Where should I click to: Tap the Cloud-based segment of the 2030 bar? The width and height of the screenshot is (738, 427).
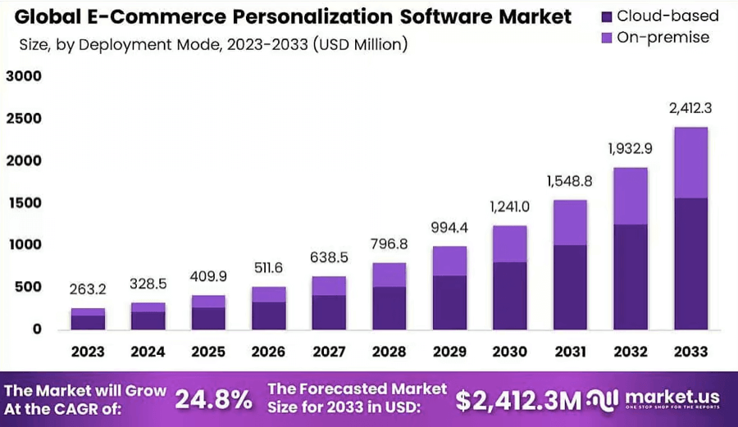click(510, 295)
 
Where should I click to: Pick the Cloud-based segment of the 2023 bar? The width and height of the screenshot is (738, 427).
click(88, 322)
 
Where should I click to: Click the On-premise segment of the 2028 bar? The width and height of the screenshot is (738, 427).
click(389, 275)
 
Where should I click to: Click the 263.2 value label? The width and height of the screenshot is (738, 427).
click(88, 288)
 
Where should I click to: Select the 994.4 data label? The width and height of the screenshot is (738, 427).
click(449, 226)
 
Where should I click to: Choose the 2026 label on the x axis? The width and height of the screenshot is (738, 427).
click(268, 352)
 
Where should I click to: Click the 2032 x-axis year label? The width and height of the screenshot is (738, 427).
click(631, 352)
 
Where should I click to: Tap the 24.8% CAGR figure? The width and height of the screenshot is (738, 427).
click(213, 399)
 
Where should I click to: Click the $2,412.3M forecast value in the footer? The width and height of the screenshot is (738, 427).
click(518, 400)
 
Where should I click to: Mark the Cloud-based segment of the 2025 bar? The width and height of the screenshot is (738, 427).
click(208, 318)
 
